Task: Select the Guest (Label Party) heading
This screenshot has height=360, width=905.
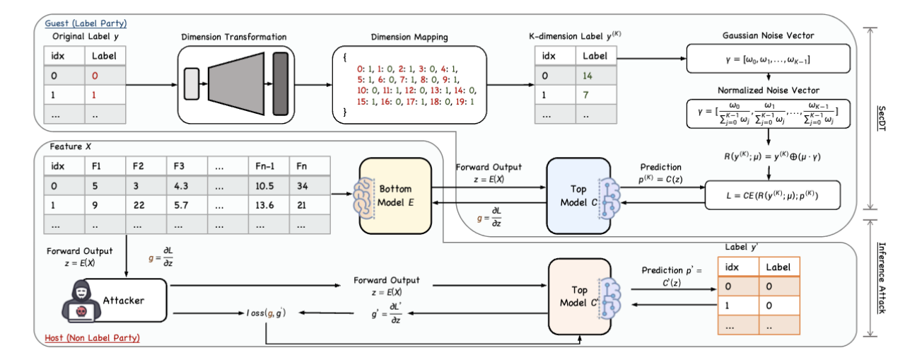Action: click(x=84, y=23)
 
